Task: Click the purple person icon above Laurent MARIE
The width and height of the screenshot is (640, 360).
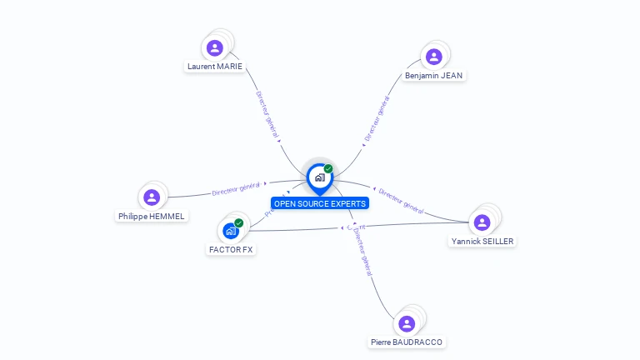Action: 215,47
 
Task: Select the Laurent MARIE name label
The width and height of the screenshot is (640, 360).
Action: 215,67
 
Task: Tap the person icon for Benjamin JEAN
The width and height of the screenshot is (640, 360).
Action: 433,57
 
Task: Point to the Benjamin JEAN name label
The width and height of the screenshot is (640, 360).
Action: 433,76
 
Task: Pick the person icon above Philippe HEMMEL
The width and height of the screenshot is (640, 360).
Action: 151,197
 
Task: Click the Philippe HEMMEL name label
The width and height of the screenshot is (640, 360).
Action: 152,217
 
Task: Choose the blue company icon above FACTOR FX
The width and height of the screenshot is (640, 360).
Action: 231,231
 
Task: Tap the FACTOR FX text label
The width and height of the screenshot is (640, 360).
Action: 231,250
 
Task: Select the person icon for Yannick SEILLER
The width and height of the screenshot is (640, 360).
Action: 482,222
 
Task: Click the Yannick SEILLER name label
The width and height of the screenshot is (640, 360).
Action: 482,242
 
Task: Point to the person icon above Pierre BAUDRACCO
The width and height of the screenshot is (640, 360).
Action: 407,323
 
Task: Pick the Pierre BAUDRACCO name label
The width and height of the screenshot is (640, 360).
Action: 407,342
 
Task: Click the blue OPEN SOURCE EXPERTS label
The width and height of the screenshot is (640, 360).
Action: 319,203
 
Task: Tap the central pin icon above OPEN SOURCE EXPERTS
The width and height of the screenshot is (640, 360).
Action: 319,177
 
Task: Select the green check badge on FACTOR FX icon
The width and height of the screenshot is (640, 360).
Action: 239,222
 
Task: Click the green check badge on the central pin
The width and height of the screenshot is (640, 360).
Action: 328,168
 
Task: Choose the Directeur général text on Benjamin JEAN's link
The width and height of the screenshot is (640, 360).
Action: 377,118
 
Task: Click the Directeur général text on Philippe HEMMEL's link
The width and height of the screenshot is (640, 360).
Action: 237,188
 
